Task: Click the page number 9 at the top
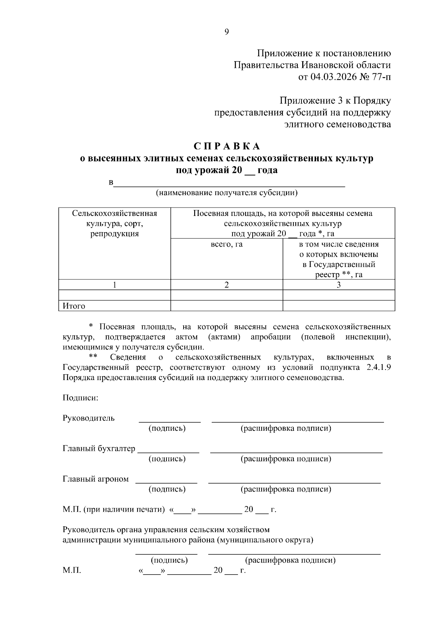[x=226, y=32]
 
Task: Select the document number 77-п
[x=380, y=77]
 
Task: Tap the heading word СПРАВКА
[x=226, y=146]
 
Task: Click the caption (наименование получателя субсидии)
[x=227, y=193]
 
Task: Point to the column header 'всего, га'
[x=227, y=244]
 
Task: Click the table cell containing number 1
[x=115, y=285]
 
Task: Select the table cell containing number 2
[x=227, y=285]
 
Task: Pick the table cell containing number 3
[x=339, y=285]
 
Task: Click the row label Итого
[x=74, y=306]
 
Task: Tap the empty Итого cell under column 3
[x=339, y=306]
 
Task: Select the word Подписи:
[x=80, y=398]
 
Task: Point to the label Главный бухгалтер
[x=99, y=449]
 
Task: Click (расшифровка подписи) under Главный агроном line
[x=286, y=489]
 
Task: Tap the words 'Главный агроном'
[x=96, y=479]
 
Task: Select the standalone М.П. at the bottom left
[x=72, y=570]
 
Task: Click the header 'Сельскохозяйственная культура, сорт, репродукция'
[x=115, y=224]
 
